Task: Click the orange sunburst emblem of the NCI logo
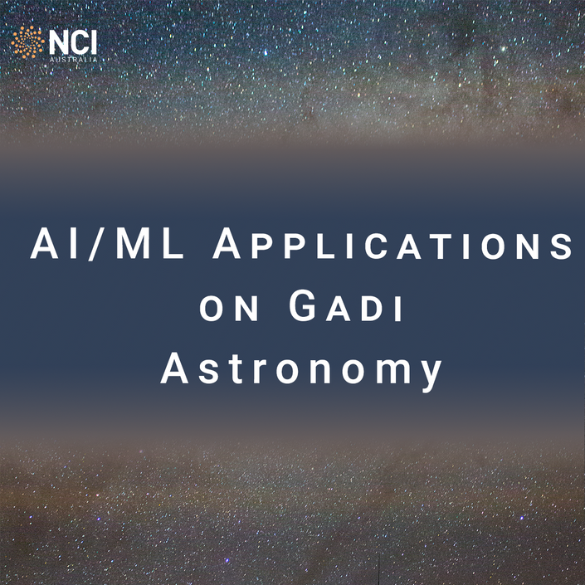coord(27,42)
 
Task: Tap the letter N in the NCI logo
coord(59,42)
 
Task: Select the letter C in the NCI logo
coord(78,42)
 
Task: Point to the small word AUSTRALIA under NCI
coord(74,59)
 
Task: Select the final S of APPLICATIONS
coord(561,246)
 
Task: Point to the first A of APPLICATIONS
coord(227,244)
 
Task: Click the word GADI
coord(346,305)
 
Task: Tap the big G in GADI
coord(303,305)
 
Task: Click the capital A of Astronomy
coord(174,368)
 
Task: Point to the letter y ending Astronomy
coord(430,376)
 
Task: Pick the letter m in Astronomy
coord(392,372)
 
